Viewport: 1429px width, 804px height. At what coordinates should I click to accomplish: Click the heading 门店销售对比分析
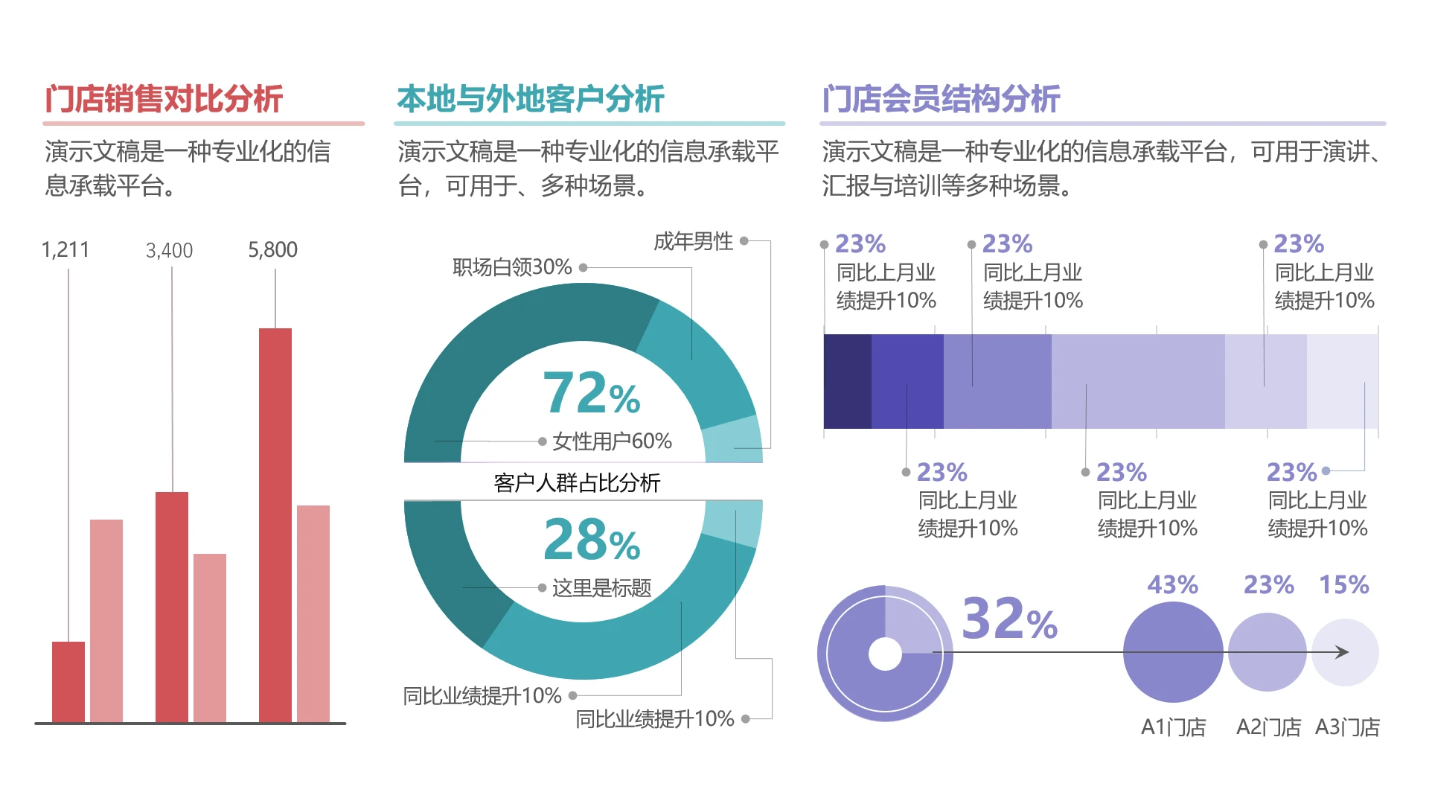(x=164, y=99)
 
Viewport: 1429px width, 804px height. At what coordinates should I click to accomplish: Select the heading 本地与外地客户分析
(x=530, y=99)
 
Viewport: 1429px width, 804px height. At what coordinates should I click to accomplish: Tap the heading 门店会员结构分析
(x=941, y=99)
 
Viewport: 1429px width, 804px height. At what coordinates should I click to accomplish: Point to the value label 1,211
(x=65, y=250)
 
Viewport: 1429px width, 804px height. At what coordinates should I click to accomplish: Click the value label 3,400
(x=170, y=251)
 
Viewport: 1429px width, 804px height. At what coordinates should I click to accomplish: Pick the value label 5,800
(x=272, y=250)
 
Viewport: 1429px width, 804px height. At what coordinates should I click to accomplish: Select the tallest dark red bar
(x=275, y=525)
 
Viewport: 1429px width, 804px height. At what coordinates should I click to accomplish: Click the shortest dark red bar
(x=68, y=681)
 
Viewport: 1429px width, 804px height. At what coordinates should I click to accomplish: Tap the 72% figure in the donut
(x=591, y=393)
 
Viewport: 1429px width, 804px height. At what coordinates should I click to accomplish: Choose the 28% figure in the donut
(x=591, y=540)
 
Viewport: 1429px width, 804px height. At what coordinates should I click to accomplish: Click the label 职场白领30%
(x=512, y=267)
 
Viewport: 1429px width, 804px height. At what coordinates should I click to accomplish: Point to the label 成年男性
(x=693, y=241)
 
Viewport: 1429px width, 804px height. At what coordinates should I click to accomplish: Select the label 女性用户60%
(x=612, y=441)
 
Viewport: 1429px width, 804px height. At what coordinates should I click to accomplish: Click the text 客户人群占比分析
(x=577, y=483)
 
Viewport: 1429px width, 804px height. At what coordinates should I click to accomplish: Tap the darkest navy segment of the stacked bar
(x=847, y=381)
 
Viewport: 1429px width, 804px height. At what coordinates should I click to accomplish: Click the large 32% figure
(x=1008, y=619)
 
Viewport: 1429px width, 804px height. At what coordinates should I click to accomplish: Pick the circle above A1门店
(x=1172, y=652)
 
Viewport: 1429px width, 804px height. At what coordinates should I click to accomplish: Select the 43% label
(x=1172, y=585)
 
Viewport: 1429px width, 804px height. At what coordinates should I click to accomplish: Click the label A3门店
(x=1347, y=727)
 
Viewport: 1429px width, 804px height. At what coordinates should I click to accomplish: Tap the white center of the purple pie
(x=885, y=654)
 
